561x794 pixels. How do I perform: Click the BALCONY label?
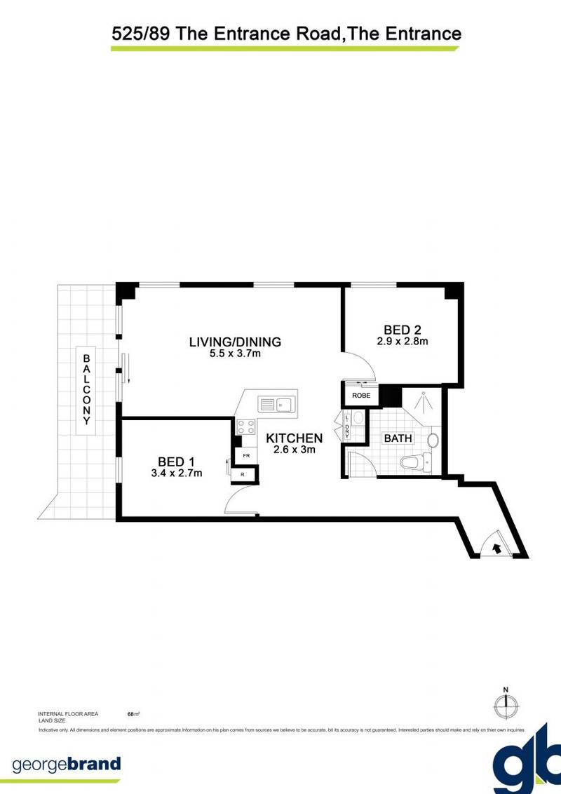tap(87, 389)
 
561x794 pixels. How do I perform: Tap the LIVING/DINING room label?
tap(235, 342)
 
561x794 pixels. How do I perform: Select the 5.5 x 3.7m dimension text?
tap(235, 354)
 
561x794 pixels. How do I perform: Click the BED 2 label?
tap(402, 330)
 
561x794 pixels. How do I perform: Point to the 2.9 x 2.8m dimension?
tap(402, 342)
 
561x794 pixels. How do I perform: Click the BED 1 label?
tap(176, 461)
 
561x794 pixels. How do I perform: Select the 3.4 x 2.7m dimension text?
tap(176, 473)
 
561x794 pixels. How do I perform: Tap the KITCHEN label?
tap(294, 438)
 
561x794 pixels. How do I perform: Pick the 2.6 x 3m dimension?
tap(294, 450)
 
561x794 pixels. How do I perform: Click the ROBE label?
tap(360, 395)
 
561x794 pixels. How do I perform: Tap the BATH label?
tap(397, 439)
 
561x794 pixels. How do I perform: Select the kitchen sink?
tap(277, 404)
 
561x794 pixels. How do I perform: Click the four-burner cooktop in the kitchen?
tap(246, 427)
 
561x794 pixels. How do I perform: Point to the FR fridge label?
tap(246, 456)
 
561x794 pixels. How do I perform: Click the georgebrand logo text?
tap(67, 764)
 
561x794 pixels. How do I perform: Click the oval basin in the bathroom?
tap(433, 440)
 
